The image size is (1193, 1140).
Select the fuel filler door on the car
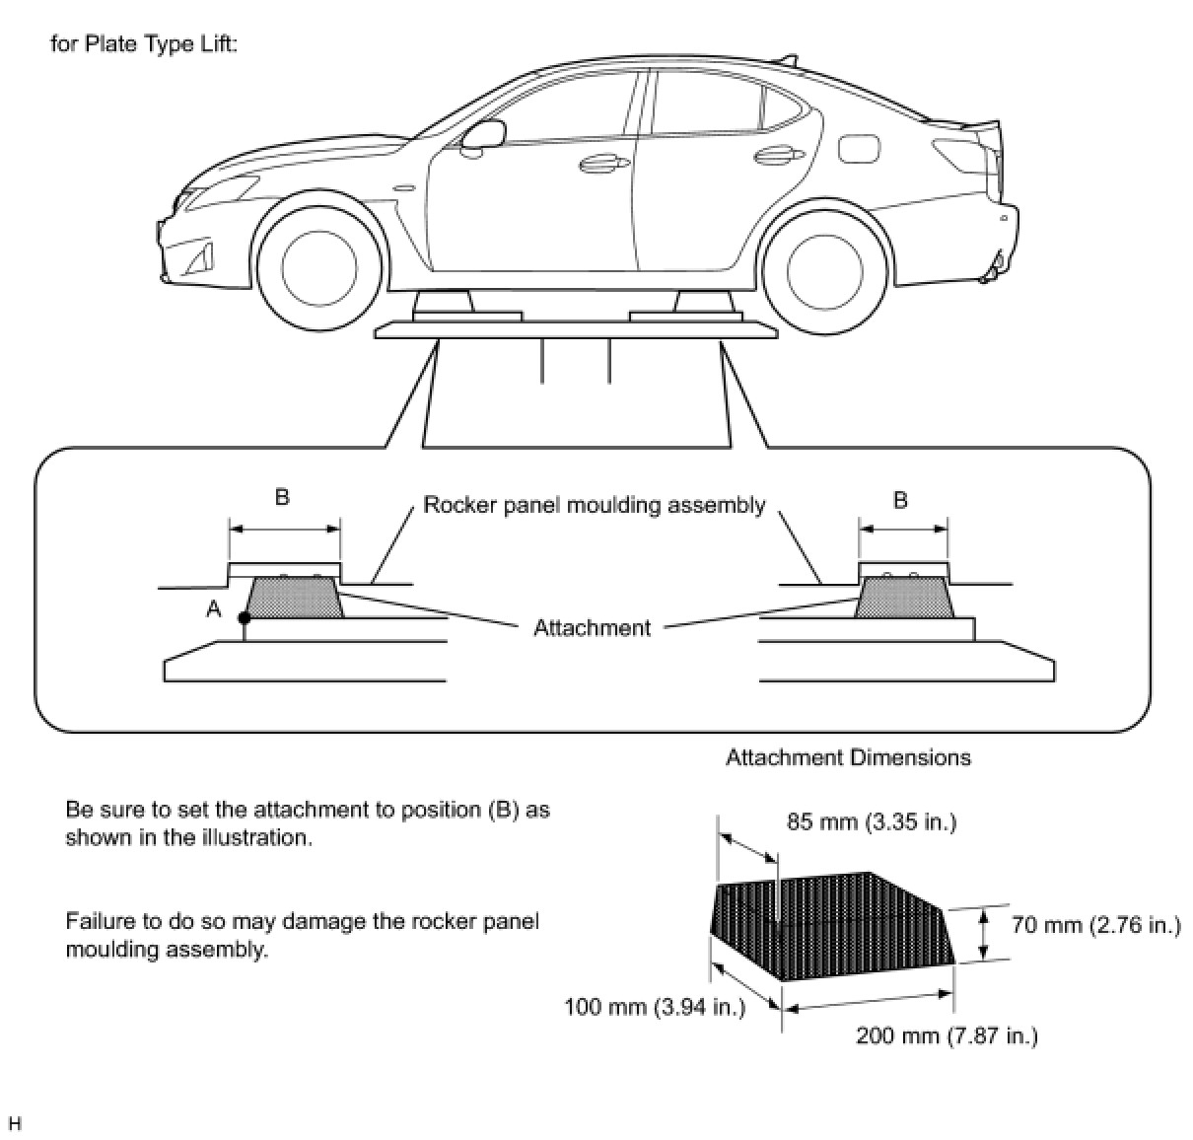click(854, 149)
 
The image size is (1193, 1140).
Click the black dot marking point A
click(245, 618)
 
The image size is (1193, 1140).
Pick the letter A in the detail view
click(214, 610)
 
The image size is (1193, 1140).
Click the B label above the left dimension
click(282, 497)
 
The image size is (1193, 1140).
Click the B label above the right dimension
click(900, 500)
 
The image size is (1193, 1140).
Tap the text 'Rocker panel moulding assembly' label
click(594, 505)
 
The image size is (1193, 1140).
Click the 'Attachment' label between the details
click(592, 628)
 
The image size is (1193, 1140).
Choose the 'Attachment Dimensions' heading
click(848, 757)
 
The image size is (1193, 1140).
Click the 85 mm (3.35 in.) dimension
click(871, 821)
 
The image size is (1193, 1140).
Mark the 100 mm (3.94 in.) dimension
click(654, 1007)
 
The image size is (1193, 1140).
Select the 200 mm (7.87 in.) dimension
click(946, 1035)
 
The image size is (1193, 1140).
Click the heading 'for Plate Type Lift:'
click(144, 45)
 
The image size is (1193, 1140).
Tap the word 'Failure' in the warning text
click(99, 922)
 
